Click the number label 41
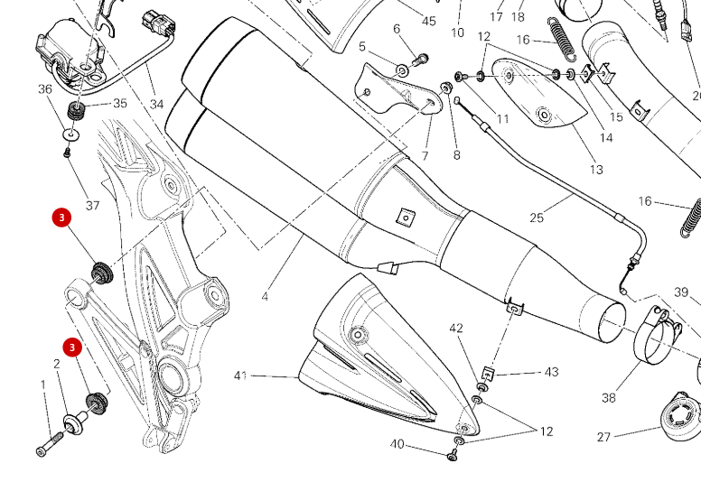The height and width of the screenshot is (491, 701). pos(240,375)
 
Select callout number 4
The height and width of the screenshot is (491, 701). pos(265,296)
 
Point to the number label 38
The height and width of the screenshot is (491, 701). pos(608,397)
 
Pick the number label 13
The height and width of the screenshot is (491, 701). pos(596,170)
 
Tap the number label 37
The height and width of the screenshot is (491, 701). pos(92,206)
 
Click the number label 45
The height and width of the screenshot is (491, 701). pos(428,21)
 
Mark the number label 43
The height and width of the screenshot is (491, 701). pos(552,372)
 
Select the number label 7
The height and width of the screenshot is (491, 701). pos(425,156)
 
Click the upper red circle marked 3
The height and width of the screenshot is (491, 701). pos(61,218)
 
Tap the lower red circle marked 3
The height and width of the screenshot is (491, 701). pos(72,347)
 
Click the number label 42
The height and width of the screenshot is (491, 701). pos(456,329)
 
